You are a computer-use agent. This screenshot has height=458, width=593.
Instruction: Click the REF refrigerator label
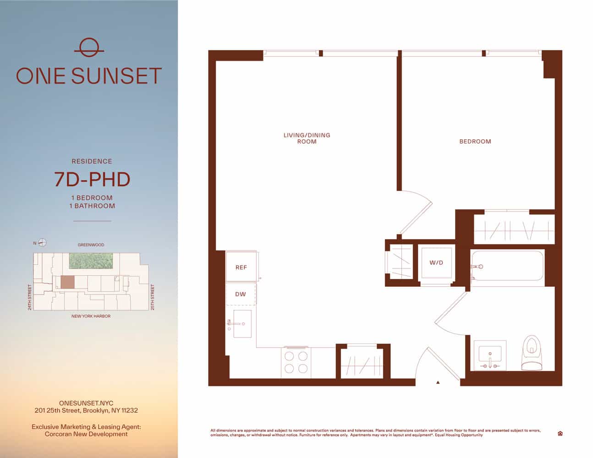[x=241, y=267]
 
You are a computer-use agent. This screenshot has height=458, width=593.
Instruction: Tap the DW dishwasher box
[x=241, y=294]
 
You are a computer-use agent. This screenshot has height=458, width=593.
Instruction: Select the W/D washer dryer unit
[x=436, y=263]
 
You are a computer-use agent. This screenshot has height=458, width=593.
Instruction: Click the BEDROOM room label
[x=475, y=142]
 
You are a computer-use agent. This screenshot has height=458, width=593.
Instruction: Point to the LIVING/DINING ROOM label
[x=307, y=138]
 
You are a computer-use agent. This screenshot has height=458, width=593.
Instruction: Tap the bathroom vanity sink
[x=490, y=355]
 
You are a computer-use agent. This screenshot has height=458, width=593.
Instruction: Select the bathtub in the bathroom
[x=507, y=266]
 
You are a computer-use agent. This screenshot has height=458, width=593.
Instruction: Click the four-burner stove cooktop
[x=296, y=362]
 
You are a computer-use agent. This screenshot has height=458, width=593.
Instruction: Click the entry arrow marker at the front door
[x=438, y=382]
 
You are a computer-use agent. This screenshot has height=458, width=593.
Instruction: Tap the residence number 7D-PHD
[x=92, y=180]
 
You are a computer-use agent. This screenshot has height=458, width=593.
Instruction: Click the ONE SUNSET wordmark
[x=89, y=76]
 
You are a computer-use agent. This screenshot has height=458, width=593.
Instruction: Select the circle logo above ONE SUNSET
[x=89, y=48]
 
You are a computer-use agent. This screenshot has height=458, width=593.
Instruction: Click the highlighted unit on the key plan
[x=67, y=282]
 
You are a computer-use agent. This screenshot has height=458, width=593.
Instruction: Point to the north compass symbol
[x=42, y=243]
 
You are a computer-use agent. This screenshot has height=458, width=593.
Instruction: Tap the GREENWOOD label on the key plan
[x=91, y=245]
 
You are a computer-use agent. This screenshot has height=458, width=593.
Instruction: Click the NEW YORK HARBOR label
[x=91, y=316]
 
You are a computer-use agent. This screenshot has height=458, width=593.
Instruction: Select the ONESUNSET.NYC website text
[x=86, y=403]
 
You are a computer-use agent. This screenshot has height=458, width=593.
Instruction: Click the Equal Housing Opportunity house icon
[x=560, y=433]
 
